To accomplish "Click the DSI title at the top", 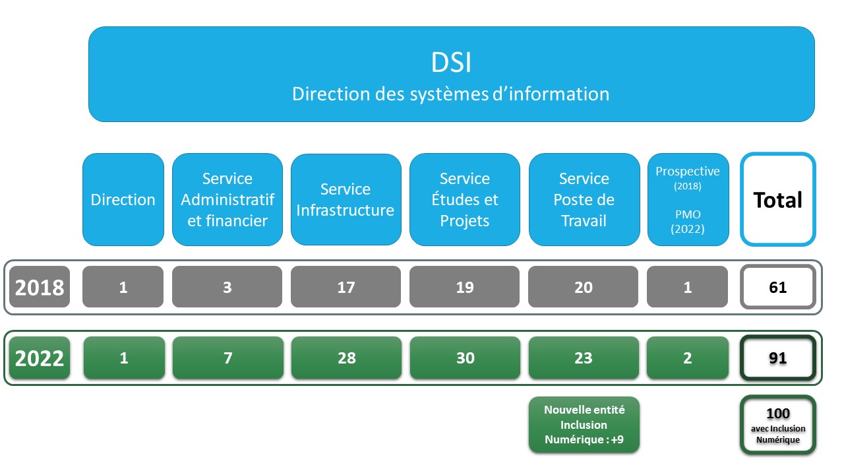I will (451, 63).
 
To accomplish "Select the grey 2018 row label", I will (40, 288).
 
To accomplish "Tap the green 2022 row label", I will (40, 358).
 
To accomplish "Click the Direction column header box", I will (123, 200).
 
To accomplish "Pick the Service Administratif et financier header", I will (227, 200).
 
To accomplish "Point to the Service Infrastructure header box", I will (346, 200).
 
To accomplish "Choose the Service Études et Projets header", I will (465, 200).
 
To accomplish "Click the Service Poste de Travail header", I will (584, 200).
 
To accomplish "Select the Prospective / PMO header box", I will (688, 200).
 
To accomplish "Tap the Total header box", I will (778, 200).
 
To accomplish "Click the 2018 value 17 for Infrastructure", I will (346, 288).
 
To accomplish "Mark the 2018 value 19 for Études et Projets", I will (465, 288).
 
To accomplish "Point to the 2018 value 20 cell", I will (584, 288).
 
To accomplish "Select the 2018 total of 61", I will (778, 288).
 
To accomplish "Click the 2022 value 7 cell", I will (227, 358).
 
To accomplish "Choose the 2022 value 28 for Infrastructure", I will (346, 358).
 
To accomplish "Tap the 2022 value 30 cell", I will (465, 358).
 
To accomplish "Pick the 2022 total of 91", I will (778, 358).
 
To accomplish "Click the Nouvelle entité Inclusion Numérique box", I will (584, 425).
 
